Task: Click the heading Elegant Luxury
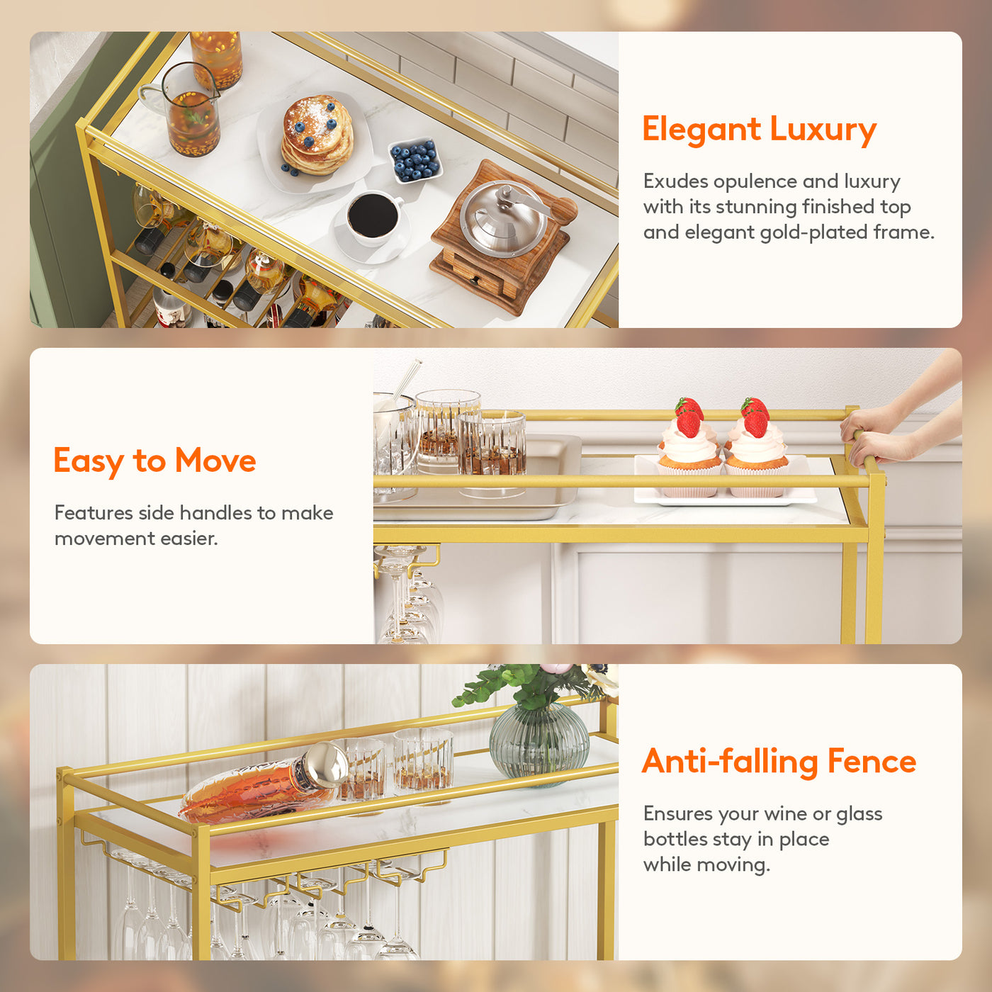(x=760, y=129)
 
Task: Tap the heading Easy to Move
(x=155, y=461)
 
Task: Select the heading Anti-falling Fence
(x=779, y=762)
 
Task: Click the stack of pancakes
(x=317, y=136)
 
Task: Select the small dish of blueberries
(x=415, y=159)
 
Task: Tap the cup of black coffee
(x=374, y=218)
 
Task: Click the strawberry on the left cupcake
(x=688, y=417)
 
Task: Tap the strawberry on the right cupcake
(x=755, y=417)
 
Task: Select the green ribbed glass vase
(x=539, y=745)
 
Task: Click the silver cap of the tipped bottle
(x=327, y=765)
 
